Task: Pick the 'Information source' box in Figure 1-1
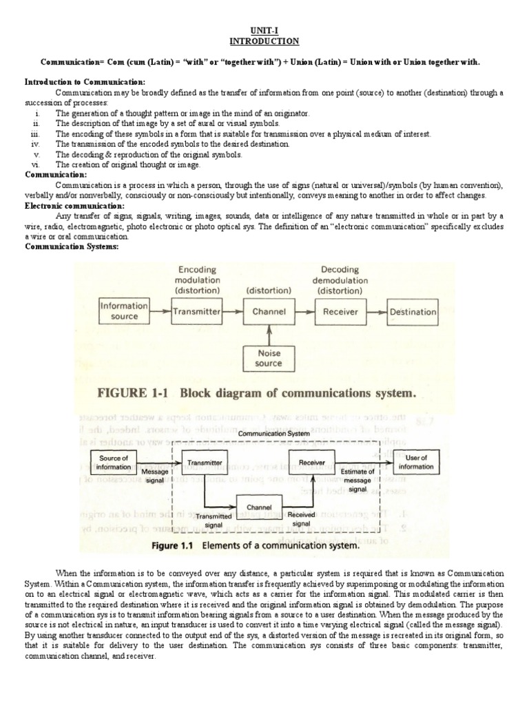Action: (x=124, y=311)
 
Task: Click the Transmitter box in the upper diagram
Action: (x=196, y=312)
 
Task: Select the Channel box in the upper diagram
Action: (x=269, y=312)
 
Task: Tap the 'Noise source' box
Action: (x=269, y=359)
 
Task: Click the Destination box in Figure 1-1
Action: (x=413, y=312)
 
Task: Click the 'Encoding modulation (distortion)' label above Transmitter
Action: (x=197, y=280)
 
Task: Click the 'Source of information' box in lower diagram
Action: (x=114, y=462)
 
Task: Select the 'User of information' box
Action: (x=419, y=462)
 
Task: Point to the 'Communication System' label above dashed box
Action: (x=269, y=434)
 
